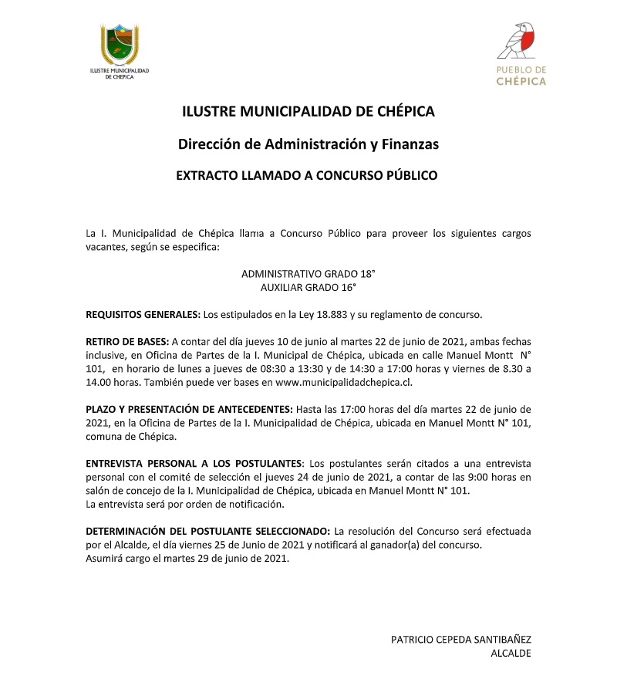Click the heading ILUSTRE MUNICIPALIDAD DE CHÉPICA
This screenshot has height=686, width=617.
tap(308, 111)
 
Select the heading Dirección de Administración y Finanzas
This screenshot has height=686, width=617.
tap(308, 144)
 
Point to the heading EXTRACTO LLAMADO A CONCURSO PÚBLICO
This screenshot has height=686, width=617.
tap(307, 176)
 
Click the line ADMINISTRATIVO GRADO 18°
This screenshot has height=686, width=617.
tap(308, 274)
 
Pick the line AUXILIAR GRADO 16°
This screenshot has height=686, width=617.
tap(308, 287)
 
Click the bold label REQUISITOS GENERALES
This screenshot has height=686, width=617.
tap(143, 315)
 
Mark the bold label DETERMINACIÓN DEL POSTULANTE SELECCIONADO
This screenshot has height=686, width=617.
tap(207, 532)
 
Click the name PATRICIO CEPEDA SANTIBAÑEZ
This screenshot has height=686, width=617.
tap(461, 639)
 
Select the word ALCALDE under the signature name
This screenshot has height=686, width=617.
tap(511, 653)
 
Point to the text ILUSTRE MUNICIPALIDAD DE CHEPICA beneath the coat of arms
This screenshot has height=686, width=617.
tap(119, 73)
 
